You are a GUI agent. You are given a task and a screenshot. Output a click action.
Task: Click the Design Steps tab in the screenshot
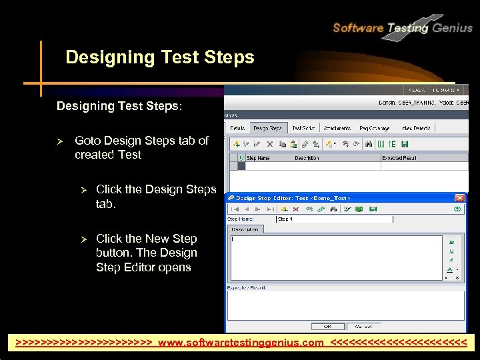(267, 128)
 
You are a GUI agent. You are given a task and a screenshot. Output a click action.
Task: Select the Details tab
(237, 128)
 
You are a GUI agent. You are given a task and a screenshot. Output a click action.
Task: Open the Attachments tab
(337, 128)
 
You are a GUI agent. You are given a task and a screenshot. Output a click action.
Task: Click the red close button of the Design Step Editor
(459, 198)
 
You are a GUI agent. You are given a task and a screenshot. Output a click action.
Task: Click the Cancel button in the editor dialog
(363, 326)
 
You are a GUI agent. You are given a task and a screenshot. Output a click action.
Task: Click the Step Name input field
(333, 219)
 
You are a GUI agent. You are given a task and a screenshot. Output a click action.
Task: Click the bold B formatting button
(451, 242)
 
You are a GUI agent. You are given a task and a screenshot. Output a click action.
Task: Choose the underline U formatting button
(451, 251)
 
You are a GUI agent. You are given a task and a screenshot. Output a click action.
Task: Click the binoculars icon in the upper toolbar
(367, 143)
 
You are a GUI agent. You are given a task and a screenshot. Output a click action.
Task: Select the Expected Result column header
(400, 158)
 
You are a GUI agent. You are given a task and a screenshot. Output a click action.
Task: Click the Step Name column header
(259, 158)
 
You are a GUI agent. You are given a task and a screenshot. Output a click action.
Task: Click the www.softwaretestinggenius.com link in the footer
(241, 343)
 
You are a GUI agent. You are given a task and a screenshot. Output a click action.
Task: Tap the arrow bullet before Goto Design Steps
(59, 141)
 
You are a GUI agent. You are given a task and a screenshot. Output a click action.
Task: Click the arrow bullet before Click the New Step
(84, 239)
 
